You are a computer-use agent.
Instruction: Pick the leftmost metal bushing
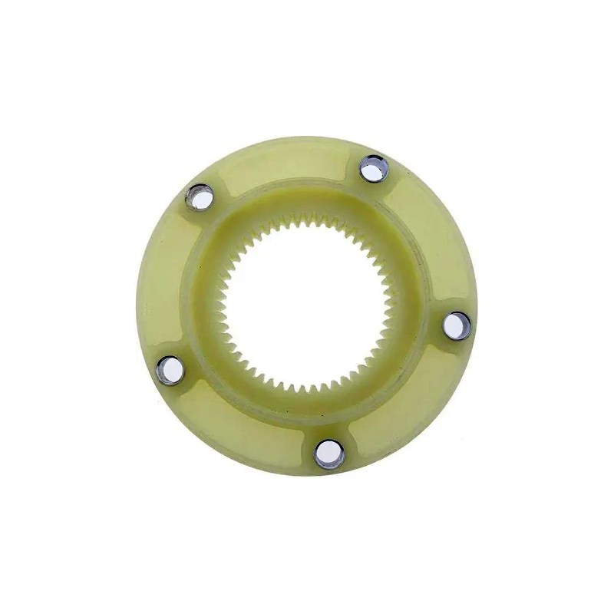[169, 368]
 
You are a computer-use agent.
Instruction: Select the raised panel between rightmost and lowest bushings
[414, 407]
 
